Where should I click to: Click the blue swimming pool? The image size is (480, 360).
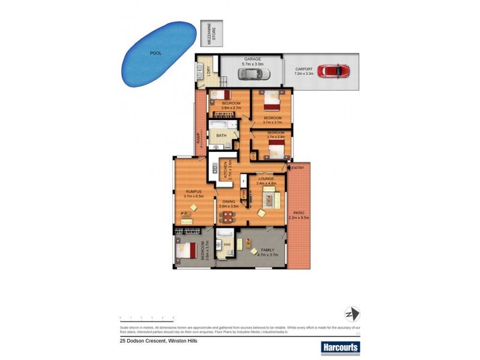(157, 54)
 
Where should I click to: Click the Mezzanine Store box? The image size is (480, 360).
(211, 34)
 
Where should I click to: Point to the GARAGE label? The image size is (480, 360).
(251, 59)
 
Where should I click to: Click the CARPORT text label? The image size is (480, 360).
(304, 69)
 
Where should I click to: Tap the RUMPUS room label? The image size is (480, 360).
(194, 192)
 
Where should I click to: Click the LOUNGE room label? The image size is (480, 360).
(266, 179)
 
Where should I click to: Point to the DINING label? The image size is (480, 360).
(229, 202)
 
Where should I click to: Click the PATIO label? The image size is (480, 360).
(299, 213)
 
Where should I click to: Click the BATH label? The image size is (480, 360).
(221, 135)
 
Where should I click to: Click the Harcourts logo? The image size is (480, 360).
(340, 347)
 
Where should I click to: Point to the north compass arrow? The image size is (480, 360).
(351, 314)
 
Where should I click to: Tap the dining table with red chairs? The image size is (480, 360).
(227, 216)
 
